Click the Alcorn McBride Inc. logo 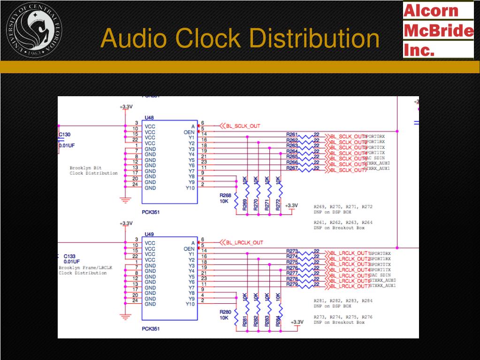tap(438, 30)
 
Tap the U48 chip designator tap(149, 117)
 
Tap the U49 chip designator tap(149, 234)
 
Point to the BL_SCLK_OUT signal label tap(243, 126)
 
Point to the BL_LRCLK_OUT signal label tap(245, 243)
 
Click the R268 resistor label tap(225, 195)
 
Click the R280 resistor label tap(225, 312)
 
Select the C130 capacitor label tap(65, 135)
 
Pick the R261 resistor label tap(292, 135)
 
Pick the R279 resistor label tap(292, 284)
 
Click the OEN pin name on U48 tap(189, 132)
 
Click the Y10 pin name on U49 tap(190, 304)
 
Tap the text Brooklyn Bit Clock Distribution tap(93, 170)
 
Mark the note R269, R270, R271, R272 tap(343, 207)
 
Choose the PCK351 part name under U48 tap(151, 212)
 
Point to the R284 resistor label tap(278, 322)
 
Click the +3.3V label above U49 tap(126, 223)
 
